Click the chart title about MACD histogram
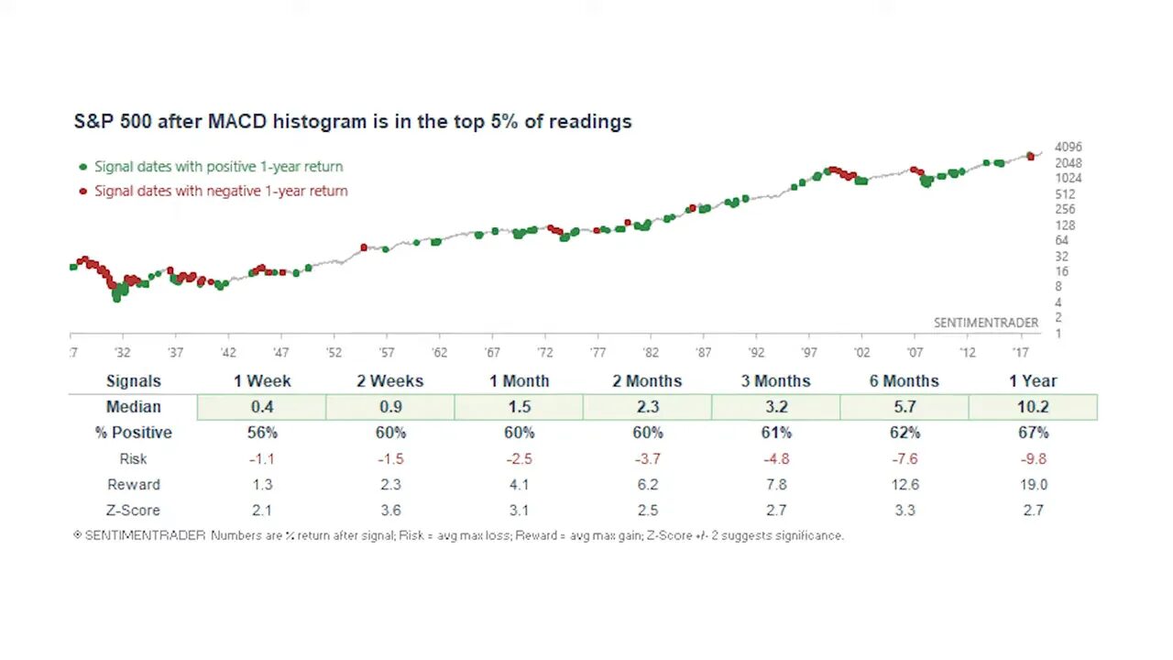(353, 121)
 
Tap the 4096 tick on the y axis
(1069, 147)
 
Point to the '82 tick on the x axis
(650, 353)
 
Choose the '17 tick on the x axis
(1020, 353)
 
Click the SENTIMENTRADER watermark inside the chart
(986, 323)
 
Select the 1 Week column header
(262, 381)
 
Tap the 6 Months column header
(904, 381)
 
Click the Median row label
(133, 407)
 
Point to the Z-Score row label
(133, 510)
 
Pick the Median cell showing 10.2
(1033, 407)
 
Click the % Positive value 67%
(1033, 433)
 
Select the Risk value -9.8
(1032, 458)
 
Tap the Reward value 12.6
(904, 484)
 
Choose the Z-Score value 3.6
(390, 510)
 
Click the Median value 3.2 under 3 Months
(776, 407)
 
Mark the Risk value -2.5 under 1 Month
(518, 458)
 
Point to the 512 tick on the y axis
(1065, 193)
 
